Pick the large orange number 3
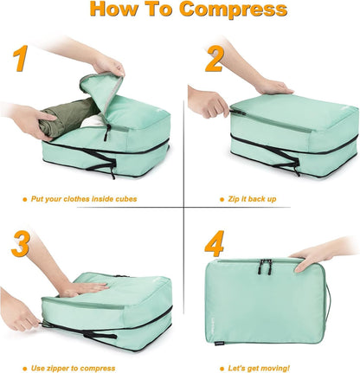(22, 242)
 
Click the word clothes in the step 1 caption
(80, 198)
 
